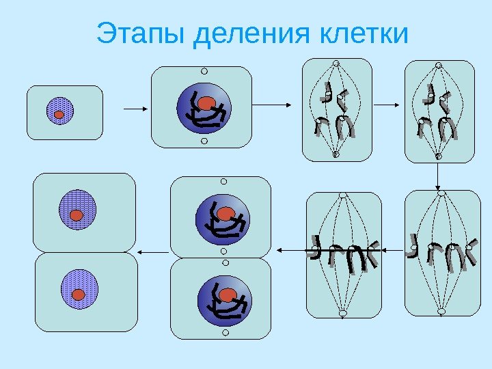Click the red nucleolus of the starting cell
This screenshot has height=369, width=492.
59,115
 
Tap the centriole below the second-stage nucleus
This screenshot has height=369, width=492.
204,141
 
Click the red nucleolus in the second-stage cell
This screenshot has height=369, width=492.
208,103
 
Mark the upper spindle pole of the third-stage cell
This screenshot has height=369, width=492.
336,64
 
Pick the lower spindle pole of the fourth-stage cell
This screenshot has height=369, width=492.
439,156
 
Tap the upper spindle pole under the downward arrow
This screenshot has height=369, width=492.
441,193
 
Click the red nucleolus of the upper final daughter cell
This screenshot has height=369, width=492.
77,215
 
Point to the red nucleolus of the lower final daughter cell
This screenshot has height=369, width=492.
79,295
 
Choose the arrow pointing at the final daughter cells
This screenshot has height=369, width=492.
153,251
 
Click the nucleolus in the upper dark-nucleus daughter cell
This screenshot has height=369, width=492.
225,214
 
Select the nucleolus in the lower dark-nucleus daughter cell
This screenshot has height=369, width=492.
228,295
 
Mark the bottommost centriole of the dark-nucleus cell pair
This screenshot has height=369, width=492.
223,334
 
